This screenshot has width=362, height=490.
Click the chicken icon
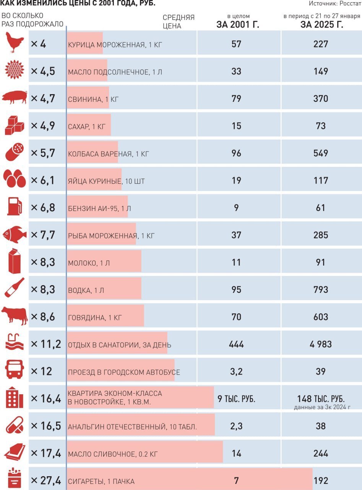pos(15,43)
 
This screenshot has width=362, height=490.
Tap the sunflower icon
pos(15,70)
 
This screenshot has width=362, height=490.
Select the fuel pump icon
pos(15,207)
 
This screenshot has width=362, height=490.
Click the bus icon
pos(15,371)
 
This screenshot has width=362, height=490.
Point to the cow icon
pos(15,316)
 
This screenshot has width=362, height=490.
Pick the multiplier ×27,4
pos(45,481)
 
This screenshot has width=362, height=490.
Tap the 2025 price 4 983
pos(320,344)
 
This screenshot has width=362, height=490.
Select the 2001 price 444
pos(236,344)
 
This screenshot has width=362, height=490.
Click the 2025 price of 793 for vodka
pos(320,289)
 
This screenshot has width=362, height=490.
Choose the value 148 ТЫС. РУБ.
pos(321,399)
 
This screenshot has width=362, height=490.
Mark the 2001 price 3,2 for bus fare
pos(236,371)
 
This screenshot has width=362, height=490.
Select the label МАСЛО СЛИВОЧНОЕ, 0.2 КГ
pos(112,454)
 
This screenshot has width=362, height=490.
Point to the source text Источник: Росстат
pos(334,3)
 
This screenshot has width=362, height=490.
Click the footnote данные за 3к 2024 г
pos(322,407)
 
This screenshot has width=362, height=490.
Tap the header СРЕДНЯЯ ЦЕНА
pos(179,22)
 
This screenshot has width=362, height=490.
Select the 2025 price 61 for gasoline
pos(320,207)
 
